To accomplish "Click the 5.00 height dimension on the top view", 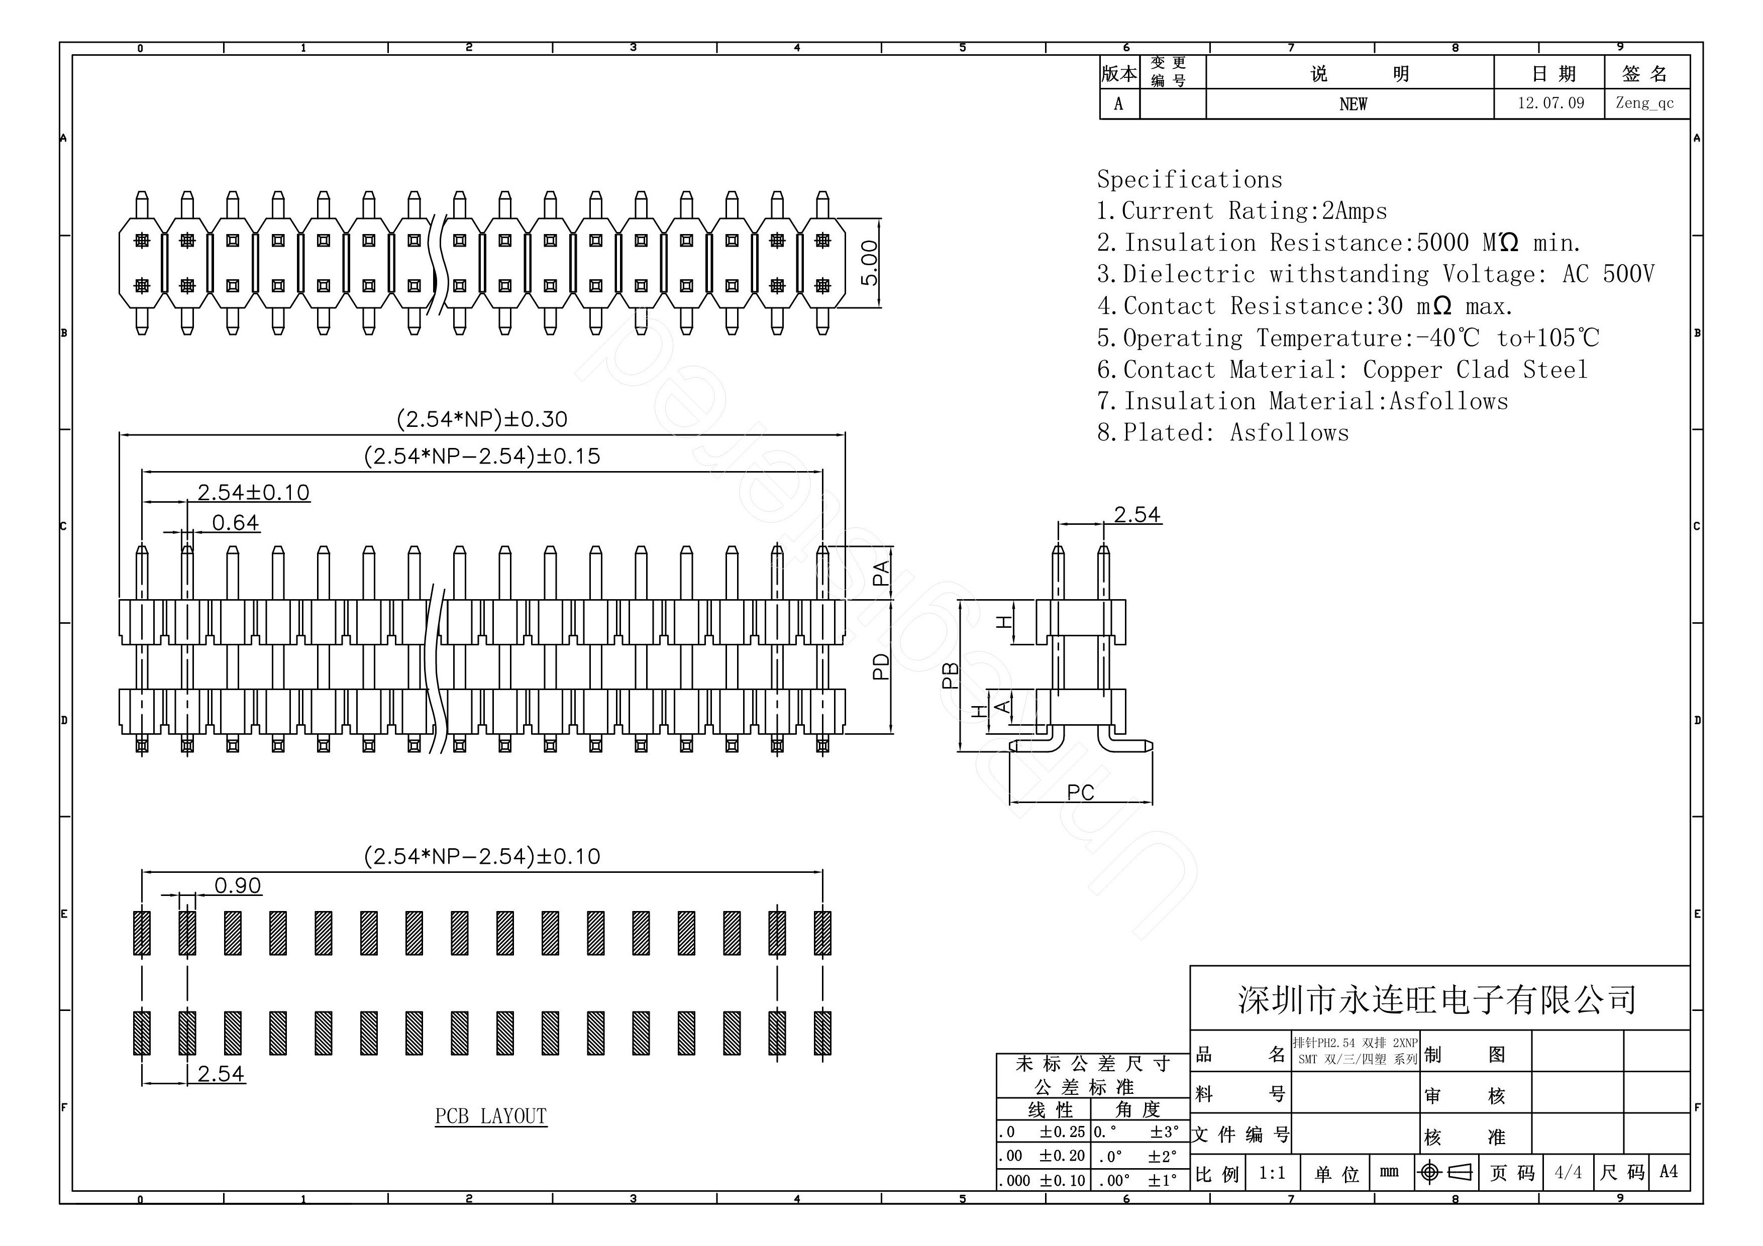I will pos(869,263).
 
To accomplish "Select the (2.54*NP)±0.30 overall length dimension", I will pos(481,419).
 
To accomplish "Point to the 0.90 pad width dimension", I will pos(237,886).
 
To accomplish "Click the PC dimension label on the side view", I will pos(1080,792).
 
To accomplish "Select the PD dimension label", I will pos(881,666).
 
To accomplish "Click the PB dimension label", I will pos(950,675).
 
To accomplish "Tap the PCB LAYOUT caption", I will pos(491,1116).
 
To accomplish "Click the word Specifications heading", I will pos(1189,180).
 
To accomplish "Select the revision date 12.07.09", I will pos(1550,103).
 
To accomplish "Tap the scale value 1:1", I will pos(1272,1172).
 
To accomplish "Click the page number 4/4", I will pos(1568,1172).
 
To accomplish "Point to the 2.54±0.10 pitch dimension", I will pos(253,492).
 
